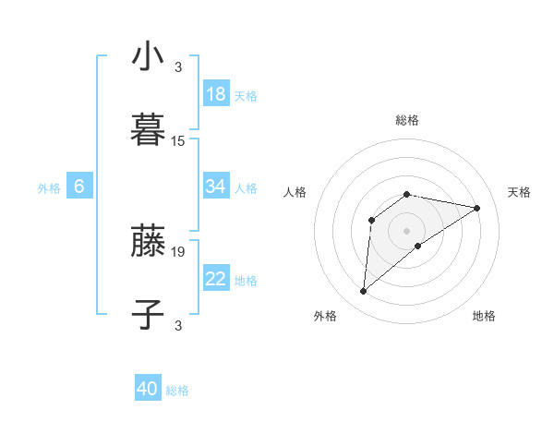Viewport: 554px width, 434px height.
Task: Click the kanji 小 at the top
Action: point(149,56)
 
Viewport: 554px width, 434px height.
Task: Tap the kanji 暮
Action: point(149,129)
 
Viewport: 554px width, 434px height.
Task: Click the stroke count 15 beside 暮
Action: point(178,141)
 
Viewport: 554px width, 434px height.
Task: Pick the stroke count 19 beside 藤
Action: point(178,251)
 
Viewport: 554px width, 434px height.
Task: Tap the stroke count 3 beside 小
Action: point(178,66)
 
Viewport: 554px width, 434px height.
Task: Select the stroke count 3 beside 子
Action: point(178,325)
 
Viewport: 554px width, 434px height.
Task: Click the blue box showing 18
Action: point(216,94)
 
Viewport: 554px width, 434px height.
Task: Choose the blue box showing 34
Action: point(216,187)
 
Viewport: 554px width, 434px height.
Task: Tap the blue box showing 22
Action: point(216,280)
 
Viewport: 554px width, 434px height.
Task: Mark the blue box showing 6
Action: point(79,187)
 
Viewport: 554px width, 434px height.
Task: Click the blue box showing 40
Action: point(148,389)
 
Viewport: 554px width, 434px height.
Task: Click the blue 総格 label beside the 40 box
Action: point(177,391)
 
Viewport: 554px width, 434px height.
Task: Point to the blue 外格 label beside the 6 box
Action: point(49,188)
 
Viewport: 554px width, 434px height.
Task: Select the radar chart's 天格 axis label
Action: point(519,192)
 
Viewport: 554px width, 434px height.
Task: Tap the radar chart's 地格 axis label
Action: point(484,316)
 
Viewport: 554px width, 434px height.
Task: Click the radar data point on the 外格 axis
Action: point(363,292)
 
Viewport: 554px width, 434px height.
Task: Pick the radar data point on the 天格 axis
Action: point(477,208)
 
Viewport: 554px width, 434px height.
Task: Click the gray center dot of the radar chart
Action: point(406,230)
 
